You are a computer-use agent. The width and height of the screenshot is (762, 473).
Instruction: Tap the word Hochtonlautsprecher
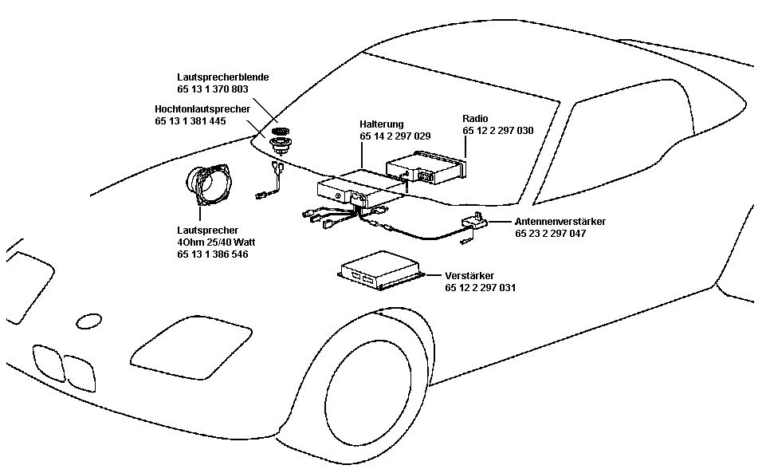pos(202,108)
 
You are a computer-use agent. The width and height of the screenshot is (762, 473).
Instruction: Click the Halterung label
pos(382,124)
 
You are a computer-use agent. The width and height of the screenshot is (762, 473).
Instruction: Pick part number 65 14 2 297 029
pos(395,137)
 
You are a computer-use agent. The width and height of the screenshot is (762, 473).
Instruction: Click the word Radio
pos(475,118)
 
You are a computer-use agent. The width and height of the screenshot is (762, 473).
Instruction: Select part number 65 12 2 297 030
pos(497,130)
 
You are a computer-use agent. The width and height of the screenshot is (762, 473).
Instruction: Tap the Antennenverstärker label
pos(560,221)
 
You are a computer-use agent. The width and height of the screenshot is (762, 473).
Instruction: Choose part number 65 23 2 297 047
pos(551,234)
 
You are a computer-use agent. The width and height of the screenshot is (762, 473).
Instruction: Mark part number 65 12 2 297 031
pos(480,287)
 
